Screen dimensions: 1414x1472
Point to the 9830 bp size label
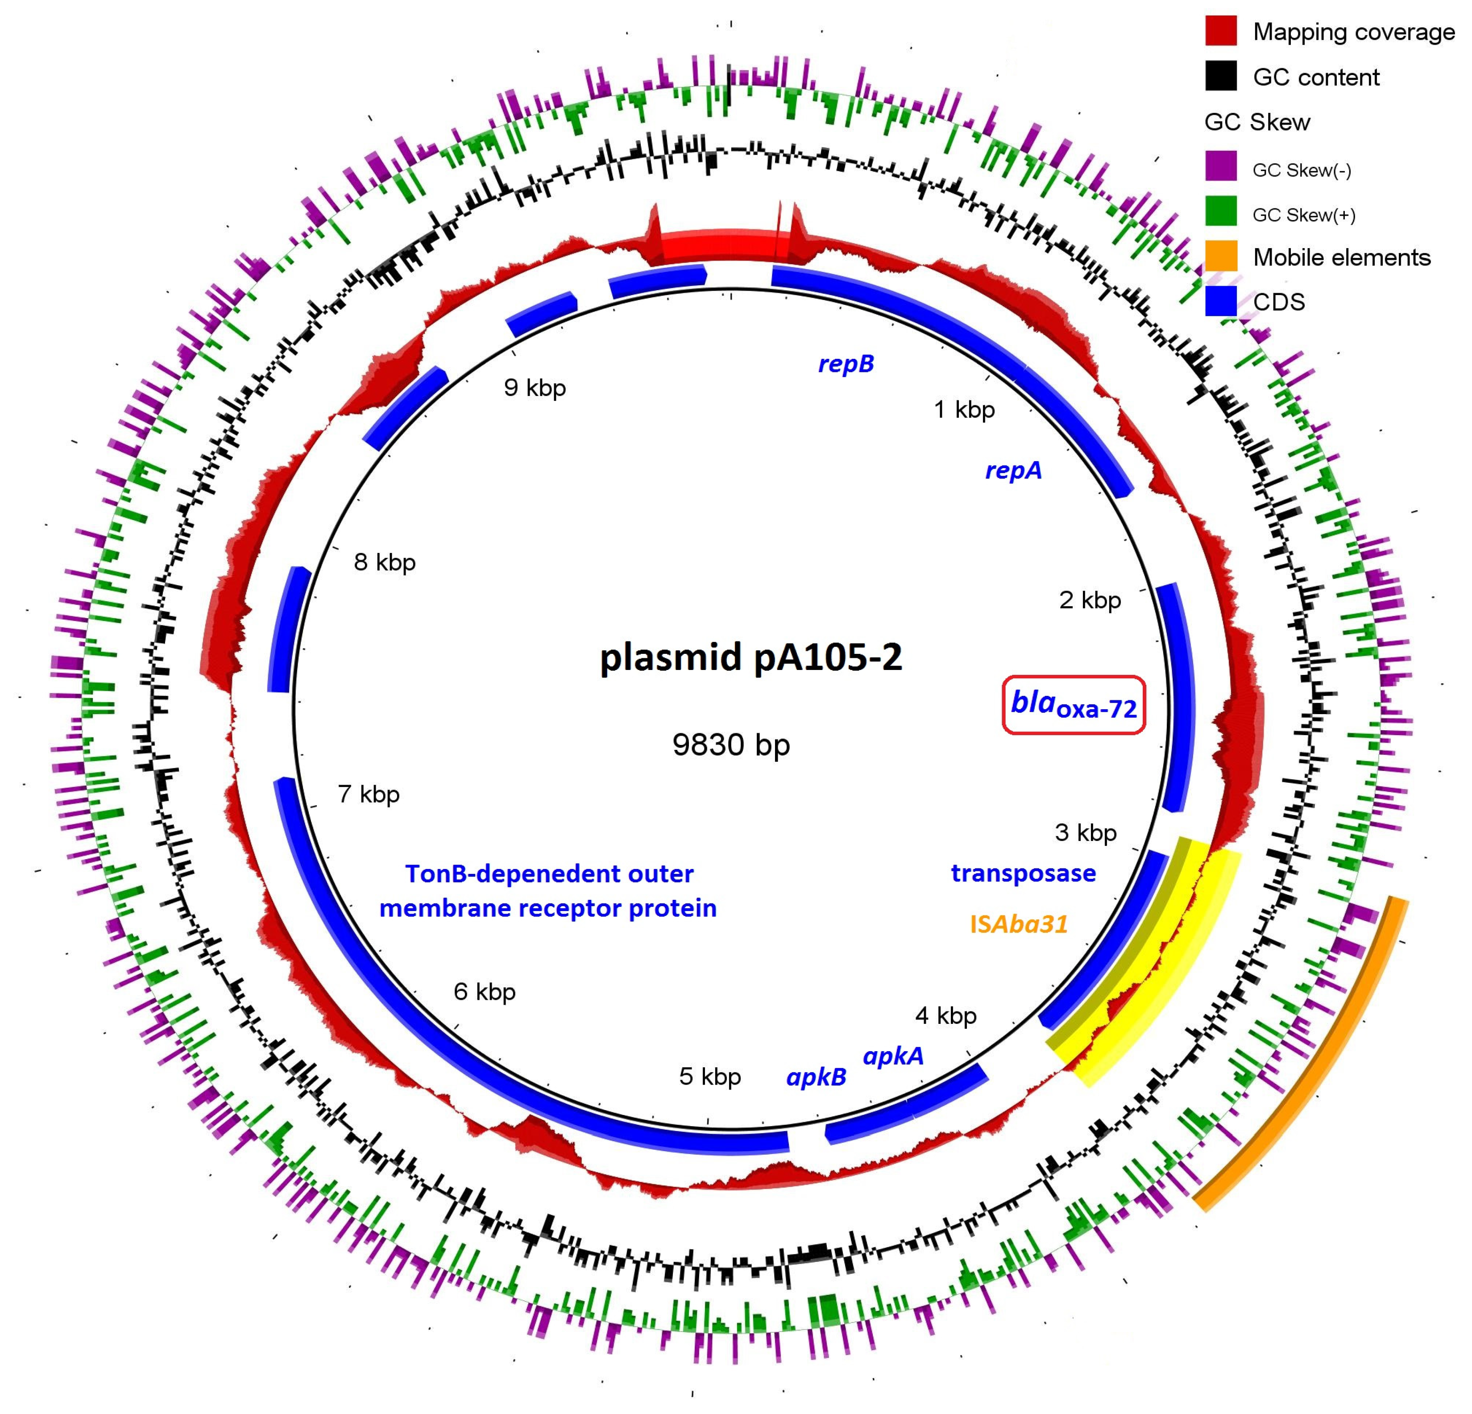click(731, 744)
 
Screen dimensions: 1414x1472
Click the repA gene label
click(1013, 470)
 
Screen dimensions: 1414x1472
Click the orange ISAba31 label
click(1018, 924)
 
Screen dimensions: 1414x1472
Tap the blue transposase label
click(1023, 873)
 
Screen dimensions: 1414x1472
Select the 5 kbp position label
click(710, 1077)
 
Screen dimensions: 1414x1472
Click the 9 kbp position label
click(535, 388)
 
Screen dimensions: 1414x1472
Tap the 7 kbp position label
click(369, 794)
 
